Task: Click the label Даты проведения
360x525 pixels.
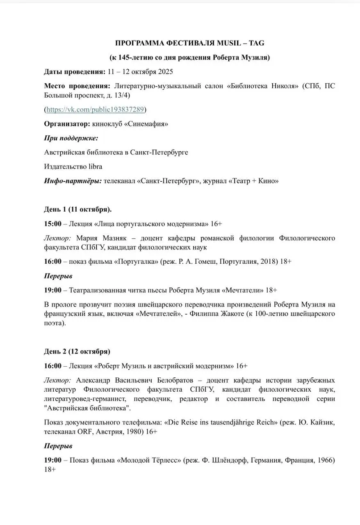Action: (x=75, y=72)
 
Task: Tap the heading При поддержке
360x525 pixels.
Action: (x=71, y=138)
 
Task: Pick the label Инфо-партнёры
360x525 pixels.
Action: (x=73, y=180)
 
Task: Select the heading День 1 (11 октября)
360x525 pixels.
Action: (x=78, y=209)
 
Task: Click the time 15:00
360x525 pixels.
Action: (x=52, y=224)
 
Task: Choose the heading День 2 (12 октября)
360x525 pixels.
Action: (x=77, y=352)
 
